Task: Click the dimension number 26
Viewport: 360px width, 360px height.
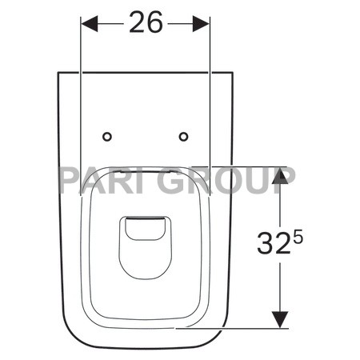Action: (146, 24)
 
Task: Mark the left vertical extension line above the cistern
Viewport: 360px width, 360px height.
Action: (82, 48)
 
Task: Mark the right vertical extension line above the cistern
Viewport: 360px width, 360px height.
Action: (210, 48)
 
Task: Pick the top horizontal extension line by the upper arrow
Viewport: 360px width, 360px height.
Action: (240, 166)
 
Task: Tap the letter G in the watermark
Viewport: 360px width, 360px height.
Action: (174, 181)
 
